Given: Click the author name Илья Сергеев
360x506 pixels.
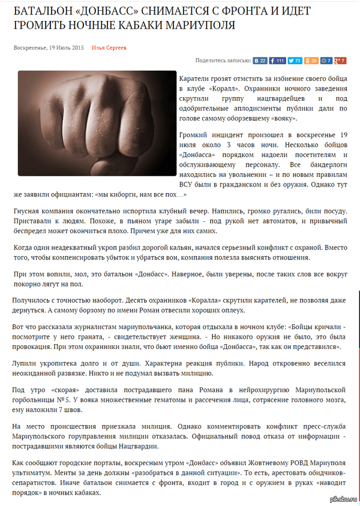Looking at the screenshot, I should pos(109,47).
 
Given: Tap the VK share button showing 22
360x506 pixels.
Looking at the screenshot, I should pos(260,61).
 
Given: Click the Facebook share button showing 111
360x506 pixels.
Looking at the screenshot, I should pos(277,61).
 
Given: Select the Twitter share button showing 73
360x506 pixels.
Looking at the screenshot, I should pos(295,61).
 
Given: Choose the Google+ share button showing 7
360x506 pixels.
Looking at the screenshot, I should pos(340,61).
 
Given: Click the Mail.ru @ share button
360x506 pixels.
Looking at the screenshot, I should pos(326,61).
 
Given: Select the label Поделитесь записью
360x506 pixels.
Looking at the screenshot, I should pos(222,61).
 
